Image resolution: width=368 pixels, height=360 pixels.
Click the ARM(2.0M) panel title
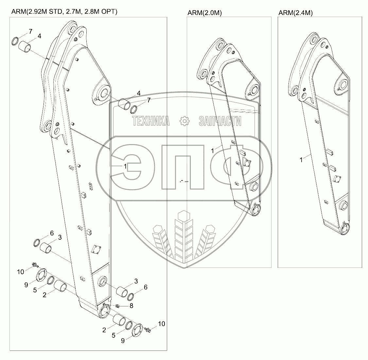point(204,13)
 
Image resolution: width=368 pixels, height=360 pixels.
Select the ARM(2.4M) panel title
point(296,13)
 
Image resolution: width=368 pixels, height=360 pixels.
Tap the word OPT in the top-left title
point(109,12)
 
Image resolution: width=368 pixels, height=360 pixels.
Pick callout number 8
point(131,306)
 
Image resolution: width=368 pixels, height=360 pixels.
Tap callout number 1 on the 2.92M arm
point(125,166)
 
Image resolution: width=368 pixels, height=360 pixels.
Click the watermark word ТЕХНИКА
point(151,121)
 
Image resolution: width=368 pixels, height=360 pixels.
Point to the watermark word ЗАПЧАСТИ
point(220,121)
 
